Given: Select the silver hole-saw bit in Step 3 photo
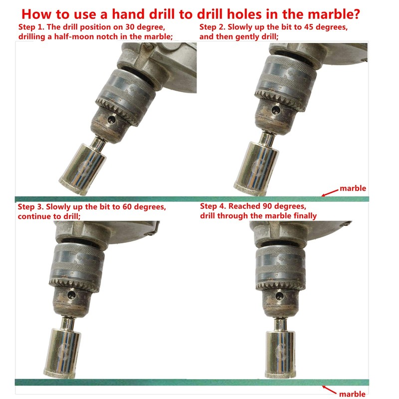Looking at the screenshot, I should coord(66,349).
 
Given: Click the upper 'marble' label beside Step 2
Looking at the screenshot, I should coord(353,189).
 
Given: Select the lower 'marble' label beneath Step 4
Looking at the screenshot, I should coord(352,394).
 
